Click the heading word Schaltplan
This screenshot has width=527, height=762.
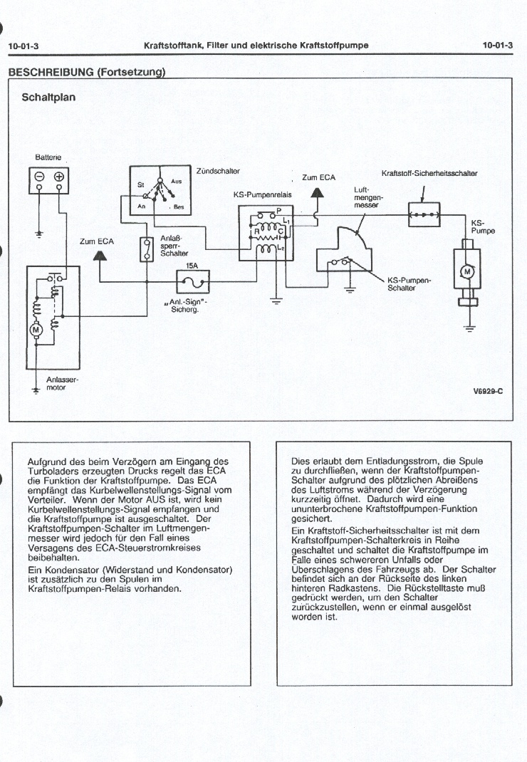click(48, 97)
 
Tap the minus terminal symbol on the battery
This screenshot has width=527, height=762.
click(40, 177)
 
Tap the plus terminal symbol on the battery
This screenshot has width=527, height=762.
click(59, 177)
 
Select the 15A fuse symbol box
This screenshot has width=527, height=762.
click(191, 283)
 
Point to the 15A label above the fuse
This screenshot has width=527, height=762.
click(191, 265)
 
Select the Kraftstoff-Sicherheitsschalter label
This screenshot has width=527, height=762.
click(429, 173)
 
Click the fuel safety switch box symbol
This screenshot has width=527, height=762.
click(424, 214)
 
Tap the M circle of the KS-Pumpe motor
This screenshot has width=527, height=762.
click(467, 271)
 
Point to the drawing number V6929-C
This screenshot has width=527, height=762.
click(488, 391)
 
